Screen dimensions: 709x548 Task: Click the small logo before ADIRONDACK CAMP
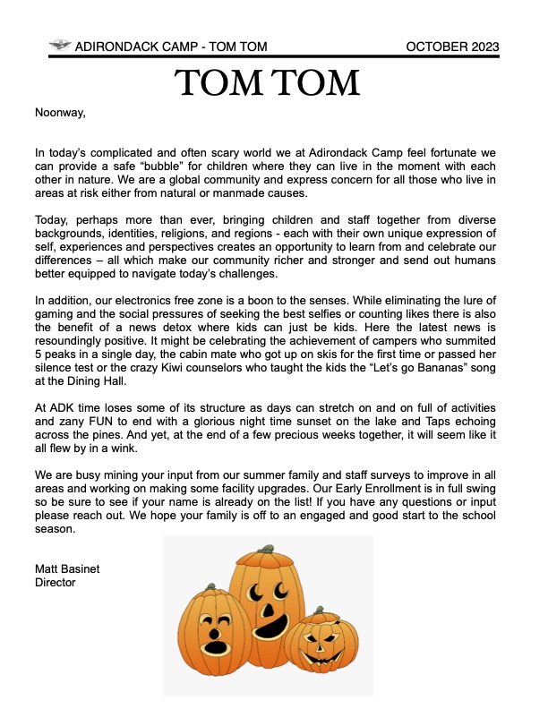(61, 46)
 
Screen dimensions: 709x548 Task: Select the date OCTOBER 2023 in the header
(453, 47)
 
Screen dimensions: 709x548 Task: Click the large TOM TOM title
(269, 83)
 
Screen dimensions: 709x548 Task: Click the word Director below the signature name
(55, 582)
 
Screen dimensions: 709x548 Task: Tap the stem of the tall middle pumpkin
(265, 549)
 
